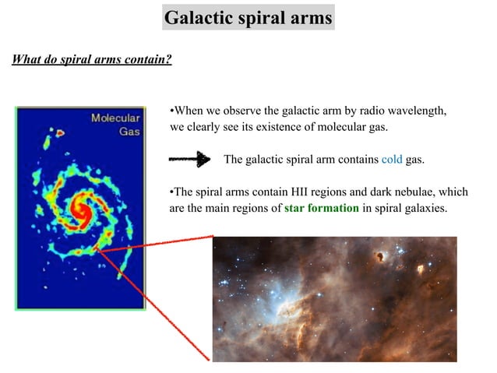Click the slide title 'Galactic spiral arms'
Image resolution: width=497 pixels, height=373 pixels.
pos(248,17)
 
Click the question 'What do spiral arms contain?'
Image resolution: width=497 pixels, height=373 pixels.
pos(91,60)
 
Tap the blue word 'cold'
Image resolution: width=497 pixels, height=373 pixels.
pos(391,160)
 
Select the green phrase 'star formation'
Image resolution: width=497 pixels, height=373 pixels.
pos(321,208)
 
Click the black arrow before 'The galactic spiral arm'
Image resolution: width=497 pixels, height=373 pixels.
pos(189,160)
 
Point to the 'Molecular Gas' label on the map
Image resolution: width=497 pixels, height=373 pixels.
pos(116,125)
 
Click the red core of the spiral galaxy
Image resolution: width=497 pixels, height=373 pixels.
pos(79,208)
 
